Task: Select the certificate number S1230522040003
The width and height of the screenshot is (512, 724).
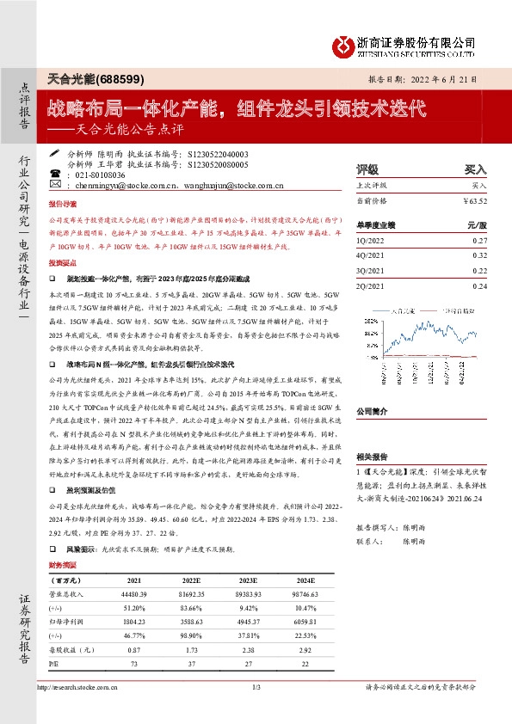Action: [214, 153]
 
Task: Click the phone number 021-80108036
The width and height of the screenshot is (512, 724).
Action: [97, 174]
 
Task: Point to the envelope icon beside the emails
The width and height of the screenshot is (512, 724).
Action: [55, 185]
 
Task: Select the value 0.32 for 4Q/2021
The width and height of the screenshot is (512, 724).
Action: [479, 255]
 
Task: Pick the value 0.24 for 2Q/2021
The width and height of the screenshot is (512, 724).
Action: [479, 285]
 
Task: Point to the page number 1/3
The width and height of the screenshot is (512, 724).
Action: [256, 688]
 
